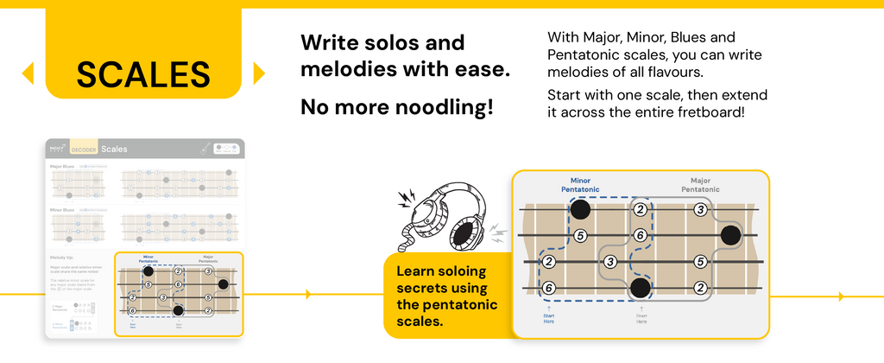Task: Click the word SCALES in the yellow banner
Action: [143, 74]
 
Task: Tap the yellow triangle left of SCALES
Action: [28, 73]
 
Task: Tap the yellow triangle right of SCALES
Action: [258, 73]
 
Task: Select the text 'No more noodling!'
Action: [397, 107]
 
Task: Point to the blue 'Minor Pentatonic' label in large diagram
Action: [575, 185]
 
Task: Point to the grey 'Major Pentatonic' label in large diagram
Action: [699, 185]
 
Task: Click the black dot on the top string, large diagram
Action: [580, 209]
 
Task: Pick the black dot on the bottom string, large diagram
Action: [640, 288]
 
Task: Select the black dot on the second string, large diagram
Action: [730, 235]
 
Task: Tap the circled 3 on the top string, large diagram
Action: [700, 209]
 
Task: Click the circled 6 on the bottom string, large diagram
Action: [549, 288]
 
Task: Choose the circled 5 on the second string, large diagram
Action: [580, 235]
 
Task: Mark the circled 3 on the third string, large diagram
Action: [609, 261]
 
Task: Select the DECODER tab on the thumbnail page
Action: [84, 150]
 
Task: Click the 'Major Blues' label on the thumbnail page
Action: [61, 165]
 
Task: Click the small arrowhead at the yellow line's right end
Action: [841, 296]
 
